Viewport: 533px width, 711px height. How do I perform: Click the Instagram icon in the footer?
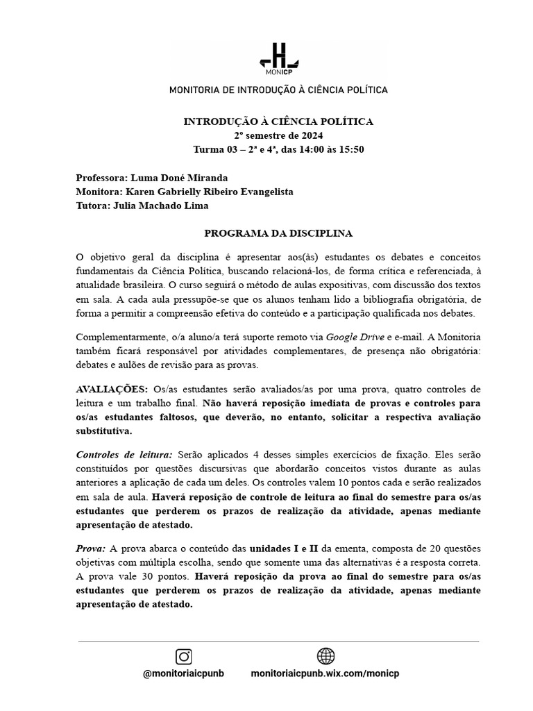(183, 656)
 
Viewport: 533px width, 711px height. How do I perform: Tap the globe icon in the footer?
(325, 656)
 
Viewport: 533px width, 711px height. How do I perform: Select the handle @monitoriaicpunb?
(184, 674)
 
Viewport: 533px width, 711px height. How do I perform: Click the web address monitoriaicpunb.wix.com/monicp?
(325, 674)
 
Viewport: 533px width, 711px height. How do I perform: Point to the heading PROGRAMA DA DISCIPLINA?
(278, 233)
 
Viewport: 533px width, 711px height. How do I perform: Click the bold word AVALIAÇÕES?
(111, 389)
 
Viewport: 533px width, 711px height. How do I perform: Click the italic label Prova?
(90, 549)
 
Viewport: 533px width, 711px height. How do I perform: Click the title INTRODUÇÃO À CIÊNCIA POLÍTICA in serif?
(278, 122)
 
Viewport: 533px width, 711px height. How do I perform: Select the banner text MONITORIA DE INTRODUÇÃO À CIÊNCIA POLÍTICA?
(278, 90)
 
